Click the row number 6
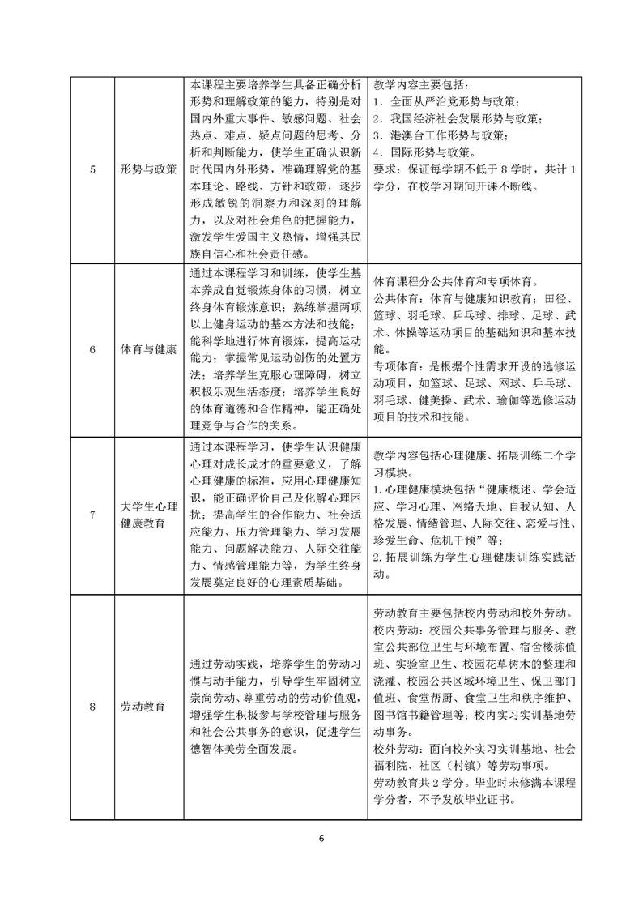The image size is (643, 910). [92, 350]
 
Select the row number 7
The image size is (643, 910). [92, 515]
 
